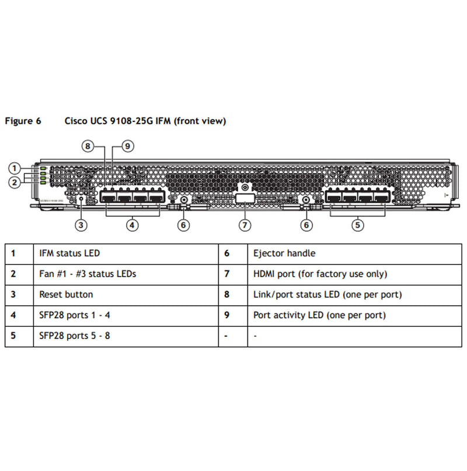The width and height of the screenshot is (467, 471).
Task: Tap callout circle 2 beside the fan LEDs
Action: coord(14,182)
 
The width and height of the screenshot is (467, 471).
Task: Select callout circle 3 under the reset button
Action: coord(81,224)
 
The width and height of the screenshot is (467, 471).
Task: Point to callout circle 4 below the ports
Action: coord(133,224)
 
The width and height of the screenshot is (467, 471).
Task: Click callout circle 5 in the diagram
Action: coord(357,224)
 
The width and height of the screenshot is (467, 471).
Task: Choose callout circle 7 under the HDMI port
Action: coord(245,224)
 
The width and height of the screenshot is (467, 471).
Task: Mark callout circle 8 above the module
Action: coord(88,146)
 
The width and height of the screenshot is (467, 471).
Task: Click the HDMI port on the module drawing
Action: coord(245,199)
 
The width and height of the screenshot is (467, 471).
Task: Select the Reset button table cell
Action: coord(66,295)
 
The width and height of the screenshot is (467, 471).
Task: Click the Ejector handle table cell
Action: coord(284,254)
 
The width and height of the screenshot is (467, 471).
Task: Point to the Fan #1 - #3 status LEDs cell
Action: coord(88,274)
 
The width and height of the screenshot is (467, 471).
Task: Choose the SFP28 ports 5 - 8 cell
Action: coord(75,336)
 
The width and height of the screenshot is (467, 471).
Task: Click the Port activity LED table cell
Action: coord(319,316)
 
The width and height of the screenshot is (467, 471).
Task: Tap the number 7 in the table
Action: coord(227,274)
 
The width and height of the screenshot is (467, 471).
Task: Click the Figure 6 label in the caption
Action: coord(23,121)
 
